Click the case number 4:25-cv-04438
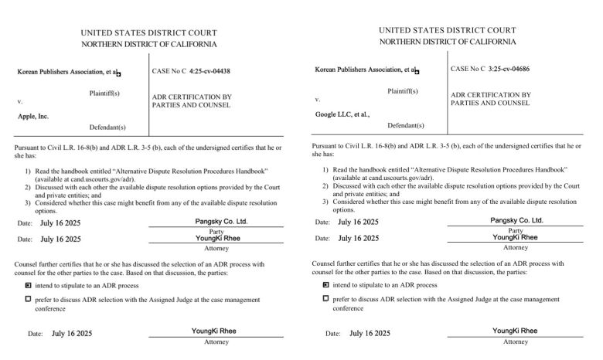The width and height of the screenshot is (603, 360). pyautogui.click(x=210, y=71)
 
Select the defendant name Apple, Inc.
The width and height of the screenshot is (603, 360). pyautogui.click(x=33, y=117)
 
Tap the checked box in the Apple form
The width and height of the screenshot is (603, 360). pyautogui.click(x=28, y=285)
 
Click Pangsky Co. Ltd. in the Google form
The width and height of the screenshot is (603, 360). pyautogui.click(x=516, y=220)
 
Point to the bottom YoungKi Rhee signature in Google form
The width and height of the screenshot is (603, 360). pyautogui.click(x=516, y=331)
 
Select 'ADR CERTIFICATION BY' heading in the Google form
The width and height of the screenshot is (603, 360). pyautogui.click(x=491, y=94)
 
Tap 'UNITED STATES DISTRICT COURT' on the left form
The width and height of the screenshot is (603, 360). pyautogui.click(x=148, y=32)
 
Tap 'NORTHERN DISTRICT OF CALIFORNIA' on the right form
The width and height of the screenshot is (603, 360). pyautogui.click(x=448, y=42)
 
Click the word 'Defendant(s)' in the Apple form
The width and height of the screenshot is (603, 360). pyautogui.click(x=107, y=127)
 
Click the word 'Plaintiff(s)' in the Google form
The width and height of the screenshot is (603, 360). pyautogui.click(x=402, y=91)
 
